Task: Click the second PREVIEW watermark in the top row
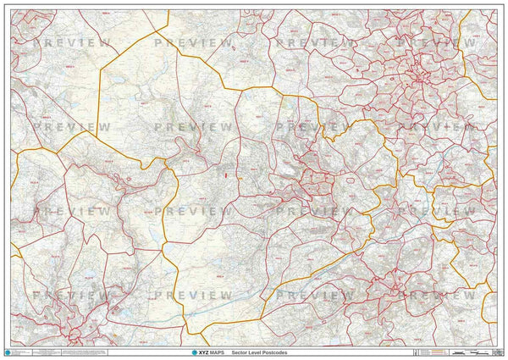point(194,42)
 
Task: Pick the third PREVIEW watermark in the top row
point(317,42)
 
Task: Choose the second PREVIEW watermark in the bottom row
point(194,295)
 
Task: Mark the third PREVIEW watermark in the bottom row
point(317,295)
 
